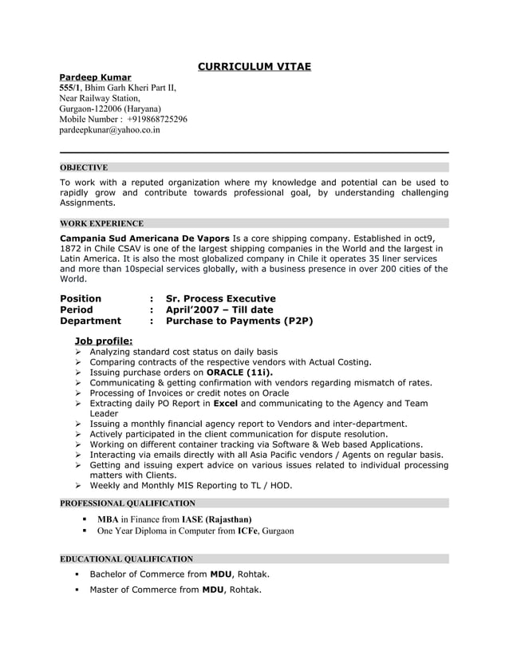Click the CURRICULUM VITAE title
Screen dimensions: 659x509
pyautogui.click(x=254, y=66)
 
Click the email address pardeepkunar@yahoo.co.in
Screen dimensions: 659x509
pyautogui.click(x=110, y=129)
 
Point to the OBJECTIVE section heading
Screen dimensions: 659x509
pyautogui.click(x=84, y=168)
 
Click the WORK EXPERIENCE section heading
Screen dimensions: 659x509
pyautogui.click(x=101, y=223)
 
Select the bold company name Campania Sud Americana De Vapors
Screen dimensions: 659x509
pyautogui.click(x=144, y=239)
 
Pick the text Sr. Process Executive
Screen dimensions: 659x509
pyautogui.click(x=220, y=298)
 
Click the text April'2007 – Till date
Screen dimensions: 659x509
pyautogui.click(x=219, y=310)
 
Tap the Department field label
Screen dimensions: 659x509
pyautogui.click(x=91, y=321)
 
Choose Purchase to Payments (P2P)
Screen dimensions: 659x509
pyautogui.click(x=239, y=321)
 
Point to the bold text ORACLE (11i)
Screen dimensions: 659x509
pyautogui.click(x=239, y=372)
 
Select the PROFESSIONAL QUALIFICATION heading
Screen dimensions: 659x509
pyautogui.click(x=128, y=503)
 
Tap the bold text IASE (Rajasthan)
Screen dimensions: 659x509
pyautogui.click(x=216, y=519)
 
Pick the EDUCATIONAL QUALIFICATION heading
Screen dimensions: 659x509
pyautogui.click(x=126, y=559)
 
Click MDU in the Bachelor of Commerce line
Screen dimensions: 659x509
pyautogui.click(x=220, y=574)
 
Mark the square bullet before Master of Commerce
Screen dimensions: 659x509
pyautogui.click(x=78, y=590)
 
